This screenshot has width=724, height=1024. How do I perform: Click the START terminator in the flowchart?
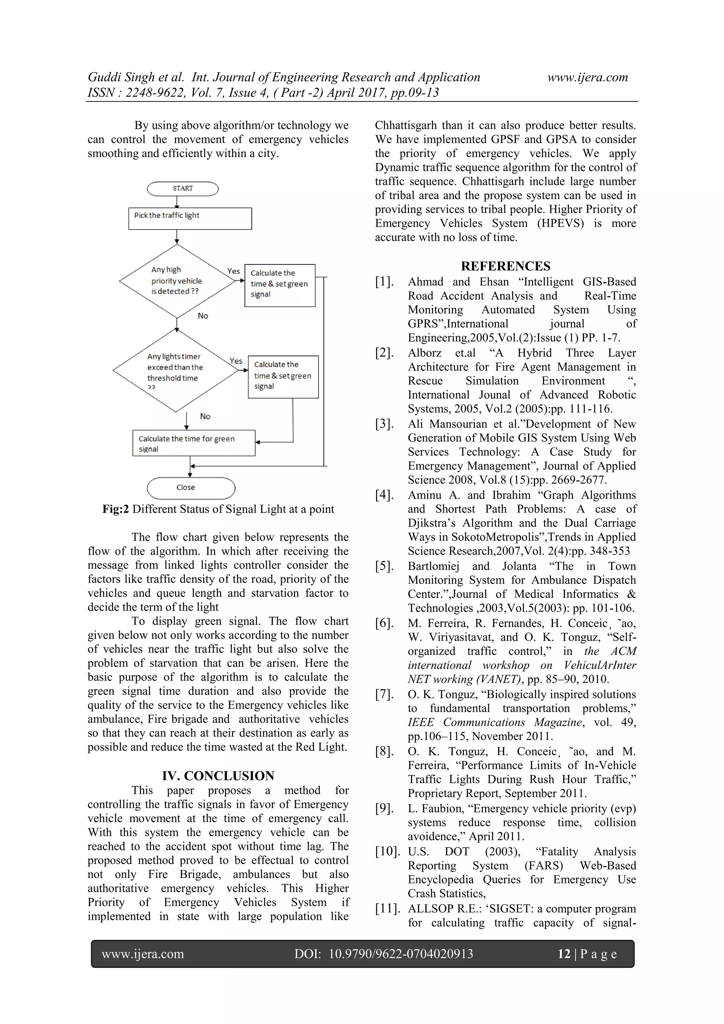[x=183, y=189]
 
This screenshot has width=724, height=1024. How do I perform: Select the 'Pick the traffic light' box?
[x=190, y=219]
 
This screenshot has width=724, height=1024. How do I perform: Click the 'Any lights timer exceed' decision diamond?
[x=176, y=370]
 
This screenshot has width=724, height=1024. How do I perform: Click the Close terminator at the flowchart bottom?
[x=191, y=488]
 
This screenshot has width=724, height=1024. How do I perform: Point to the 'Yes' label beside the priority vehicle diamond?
[x=234, y=271]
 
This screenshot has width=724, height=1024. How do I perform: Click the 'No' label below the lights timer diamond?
[x=205, y=417]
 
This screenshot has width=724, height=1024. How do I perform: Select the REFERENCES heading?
[x=506, y=266]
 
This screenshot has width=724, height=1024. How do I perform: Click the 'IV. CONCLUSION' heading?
[x=218, y=775]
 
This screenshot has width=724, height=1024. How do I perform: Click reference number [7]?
[x=384, y=694]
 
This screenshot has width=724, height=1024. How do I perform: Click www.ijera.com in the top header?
[x=588, y=77]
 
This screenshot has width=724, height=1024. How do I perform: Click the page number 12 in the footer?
[x=564, y=954]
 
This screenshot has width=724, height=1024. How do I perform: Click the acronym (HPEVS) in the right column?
[x=560, y=223]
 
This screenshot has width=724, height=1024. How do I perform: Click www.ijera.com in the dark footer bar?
[x=143, y=954]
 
